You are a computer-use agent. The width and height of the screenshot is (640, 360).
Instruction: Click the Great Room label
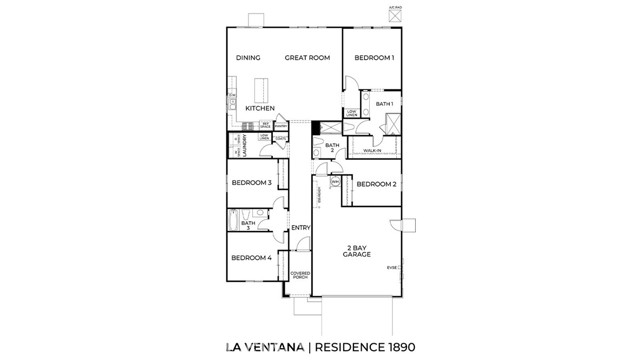coord(306,58)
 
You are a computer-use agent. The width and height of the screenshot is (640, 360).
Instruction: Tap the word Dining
coord(248,58)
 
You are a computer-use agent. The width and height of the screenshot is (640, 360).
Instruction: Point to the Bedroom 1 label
coord(375,58)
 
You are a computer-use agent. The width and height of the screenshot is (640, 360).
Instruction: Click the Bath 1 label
coord(384,104)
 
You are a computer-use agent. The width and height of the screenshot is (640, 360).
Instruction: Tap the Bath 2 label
coord(332,149)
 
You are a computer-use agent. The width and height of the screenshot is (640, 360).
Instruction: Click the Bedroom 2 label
coord(377,184)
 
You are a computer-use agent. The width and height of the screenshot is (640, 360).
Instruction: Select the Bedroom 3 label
coord(252,183)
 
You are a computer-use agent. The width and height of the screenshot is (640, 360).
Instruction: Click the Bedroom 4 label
coord(252,259)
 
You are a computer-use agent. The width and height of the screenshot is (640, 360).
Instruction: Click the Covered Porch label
coord(299,274)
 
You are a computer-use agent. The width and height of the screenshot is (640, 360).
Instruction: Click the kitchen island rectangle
coord(265,87)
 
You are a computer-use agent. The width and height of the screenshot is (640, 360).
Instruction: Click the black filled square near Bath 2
coord(316,127)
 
